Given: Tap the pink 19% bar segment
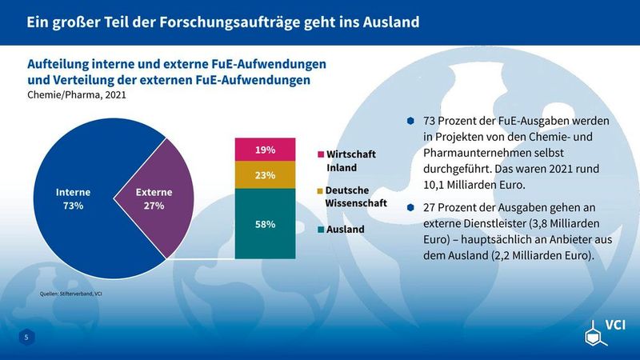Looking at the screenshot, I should [265, 150].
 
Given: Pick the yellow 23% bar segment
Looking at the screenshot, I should [265, 174].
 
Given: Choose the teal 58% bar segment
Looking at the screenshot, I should [265, 224].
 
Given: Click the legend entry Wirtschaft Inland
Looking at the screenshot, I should [350, 161].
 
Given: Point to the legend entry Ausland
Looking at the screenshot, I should [345, 230].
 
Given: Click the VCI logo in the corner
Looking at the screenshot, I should [604, 328].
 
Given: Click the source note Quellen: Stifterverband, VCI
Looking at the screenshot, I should [70, 294].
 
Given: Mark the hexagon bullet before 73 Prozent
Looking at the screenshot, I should [410, 121].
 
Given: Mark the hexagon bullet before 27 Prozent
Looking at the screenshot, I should [410, 206].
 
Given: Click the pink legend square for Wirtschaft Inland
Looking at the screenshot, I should [321, 153].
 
